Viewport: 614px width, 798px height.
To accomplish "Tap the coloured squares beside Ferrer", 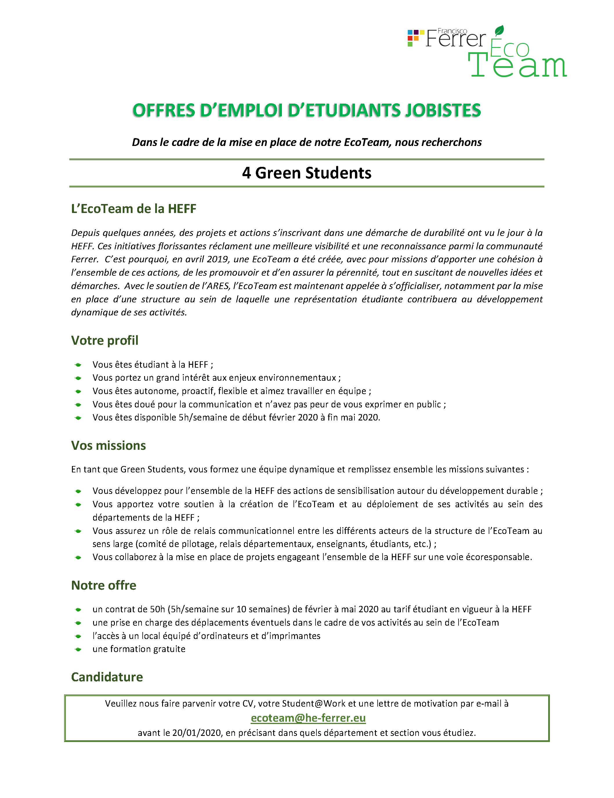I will click(x=415, y=38).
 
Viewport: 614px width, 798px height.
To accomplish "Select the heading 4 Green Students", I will click(x=307, y=173).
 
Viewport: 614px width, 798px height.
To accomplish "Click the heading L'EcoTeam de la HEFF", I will click(x=134, y=209).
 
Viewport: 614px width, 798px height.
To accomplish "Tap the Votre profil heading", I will click(x=104, y=340).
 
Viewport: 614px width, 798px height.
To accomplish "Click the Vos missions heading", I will click(x=108, y=445).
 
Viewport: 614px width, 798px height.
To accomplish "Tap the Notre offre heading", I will click(x=104, y=585).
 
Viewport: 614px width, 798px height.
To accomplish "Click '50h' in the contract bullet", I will click(x=157, y=609).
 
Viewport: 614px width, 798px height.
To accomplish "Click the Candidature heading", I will click(x=107, y=677).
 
